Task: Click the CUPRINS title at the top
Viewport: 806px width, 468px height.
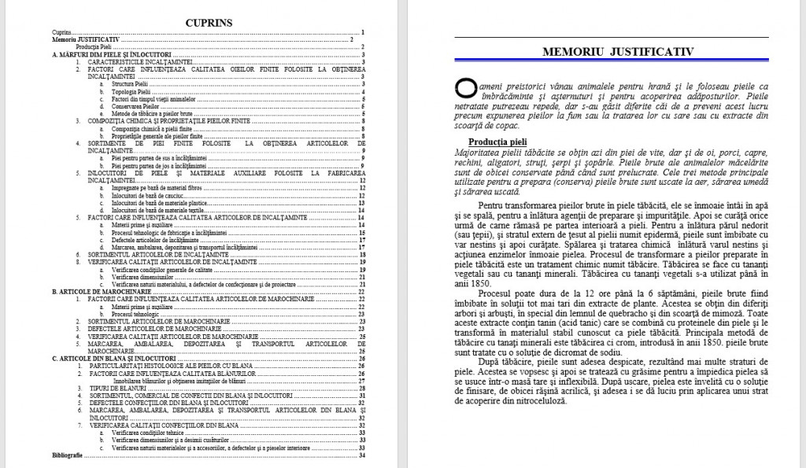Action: coord(209,22)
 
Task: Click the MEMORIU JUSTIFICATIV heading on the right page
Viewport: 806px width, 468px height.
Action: coord(618,51)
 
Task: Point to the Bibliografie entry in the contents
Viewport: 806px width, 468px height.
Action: coord(67,455)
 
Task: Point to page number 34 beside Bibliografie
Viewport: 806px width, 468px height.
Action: coord(361,455)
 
